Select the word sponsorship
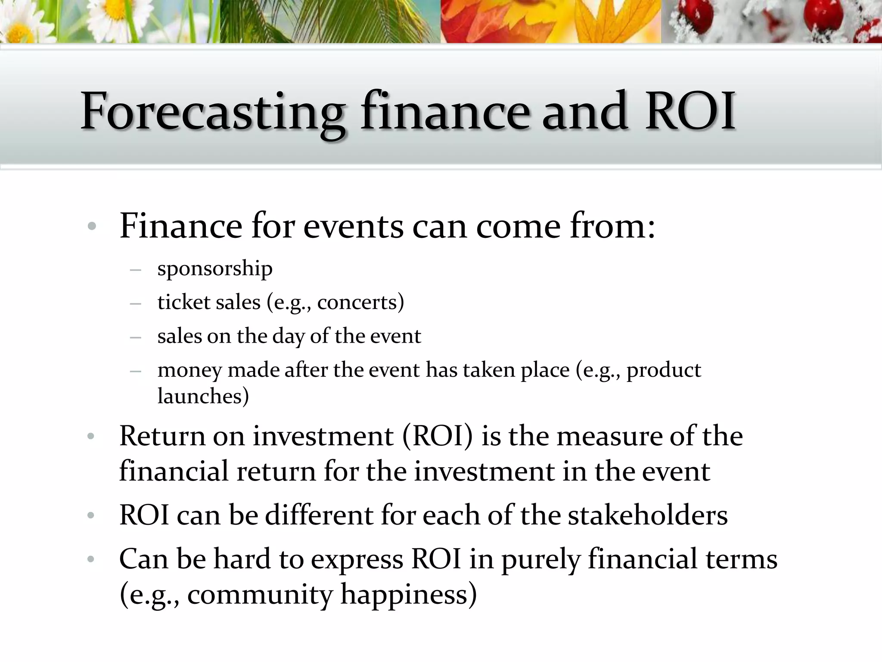[x=215, y=269]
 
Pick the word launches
[x=203, y=396]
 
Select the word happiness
[x=409, y=595]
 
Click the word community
[x=260, y=595]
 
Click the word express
[x=357, y=560]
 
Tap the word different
[x=318, y=515]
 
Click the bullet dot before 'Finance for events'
[x=91, y=227]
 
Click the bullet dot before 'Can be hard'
[x=90, y=559]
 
